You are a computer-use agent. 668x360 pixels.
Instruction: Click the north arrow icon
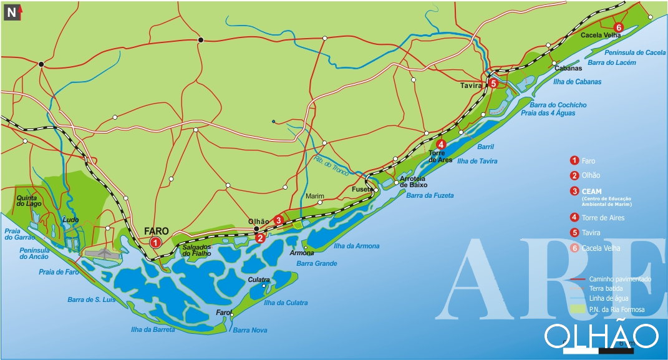14,11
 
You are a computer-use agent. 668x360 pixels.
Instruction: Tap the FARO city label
156,230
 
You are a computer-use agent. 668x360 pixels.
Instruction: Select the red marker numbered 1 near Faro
155,242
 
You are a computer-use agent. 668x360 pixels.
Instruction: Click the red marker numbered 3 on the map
278,220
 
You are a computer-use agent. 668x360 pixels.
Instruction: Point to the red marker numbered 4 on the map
442,145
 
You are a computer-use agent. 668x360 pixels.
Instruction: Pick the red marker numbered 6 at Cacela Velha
618,27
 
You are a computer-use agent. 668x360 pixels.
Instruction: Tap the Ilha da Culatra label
286,303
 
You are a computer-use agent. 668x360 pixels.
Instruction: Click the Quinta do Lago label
29,200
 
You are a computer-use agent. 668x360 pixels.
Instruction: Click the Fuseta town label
362,188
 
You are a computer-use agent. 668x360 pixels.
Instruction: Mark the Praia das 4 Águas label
549,113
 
